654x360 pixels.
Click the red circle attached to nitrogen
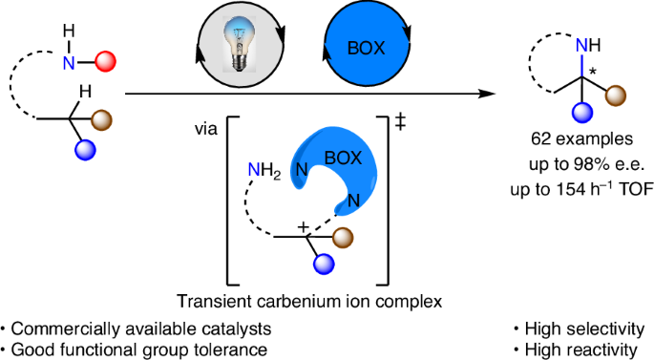106,63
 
